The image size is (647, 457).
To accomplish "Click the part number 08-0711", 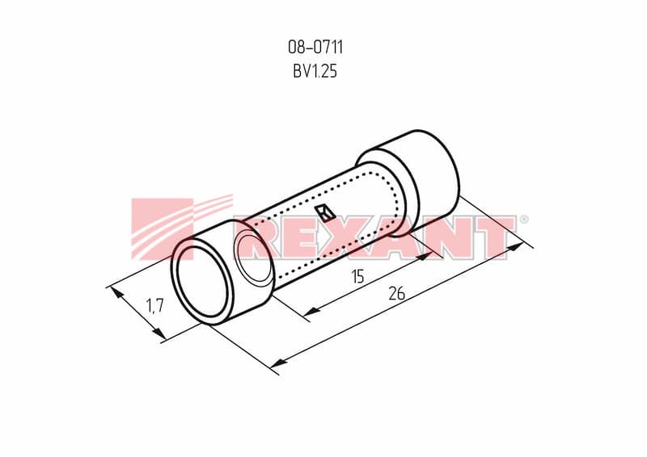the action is point(315,47).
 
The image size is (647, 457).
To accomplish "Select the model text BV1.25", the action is point(315,71).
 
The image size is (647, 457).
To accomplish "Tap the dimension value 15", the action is point(357,276).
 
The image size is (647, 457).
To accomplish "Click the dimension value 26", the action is point(397,293).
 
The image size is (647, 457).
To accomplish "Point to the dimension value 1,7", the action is point(155,306).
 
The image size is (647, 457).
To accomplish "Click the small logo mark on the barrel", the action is point(325,213).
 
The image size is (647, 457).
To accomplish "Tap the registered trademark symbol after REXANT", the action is point(523,220).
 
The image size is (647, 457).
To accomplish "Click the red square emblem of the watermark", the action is point(163,229).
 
